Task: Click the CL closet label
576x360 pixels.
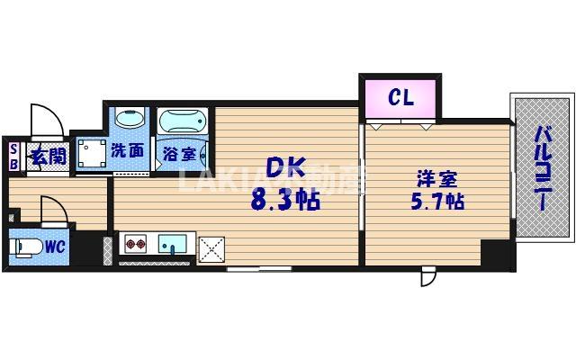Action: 400,97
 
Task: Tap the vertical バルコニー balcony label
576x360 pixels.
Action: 544,168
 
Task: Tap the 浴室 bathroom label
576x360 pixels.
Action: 178,154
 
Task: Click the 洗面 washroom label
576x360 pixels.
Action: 127,150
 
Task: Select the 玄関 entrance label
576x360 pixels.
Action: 49,157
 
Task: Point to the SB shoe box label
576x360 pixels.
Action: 13,157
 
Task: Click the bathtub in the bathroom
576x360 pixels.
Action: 183,121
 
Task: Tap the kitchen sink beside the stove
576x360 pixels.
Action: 173,244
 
